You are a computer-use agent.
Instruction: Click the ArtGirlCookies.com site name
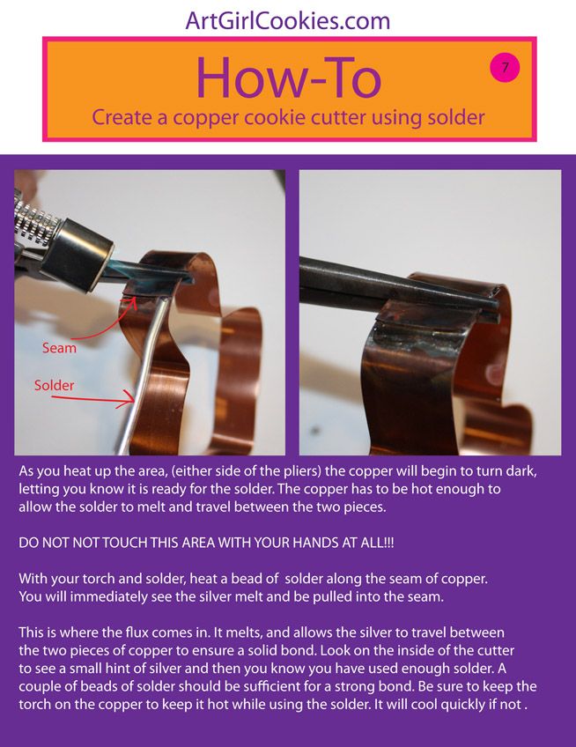pyautogui.click(x=288, y=19)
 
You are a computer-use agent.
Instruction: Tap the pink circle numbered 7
pyautogui.click(x=505, y=67)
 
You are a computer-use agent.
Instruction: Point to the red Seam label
pyautogui.click(x=59, y=348)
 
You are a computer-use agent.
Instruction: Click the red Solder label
pyautogui.click(x=54, y=386)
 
